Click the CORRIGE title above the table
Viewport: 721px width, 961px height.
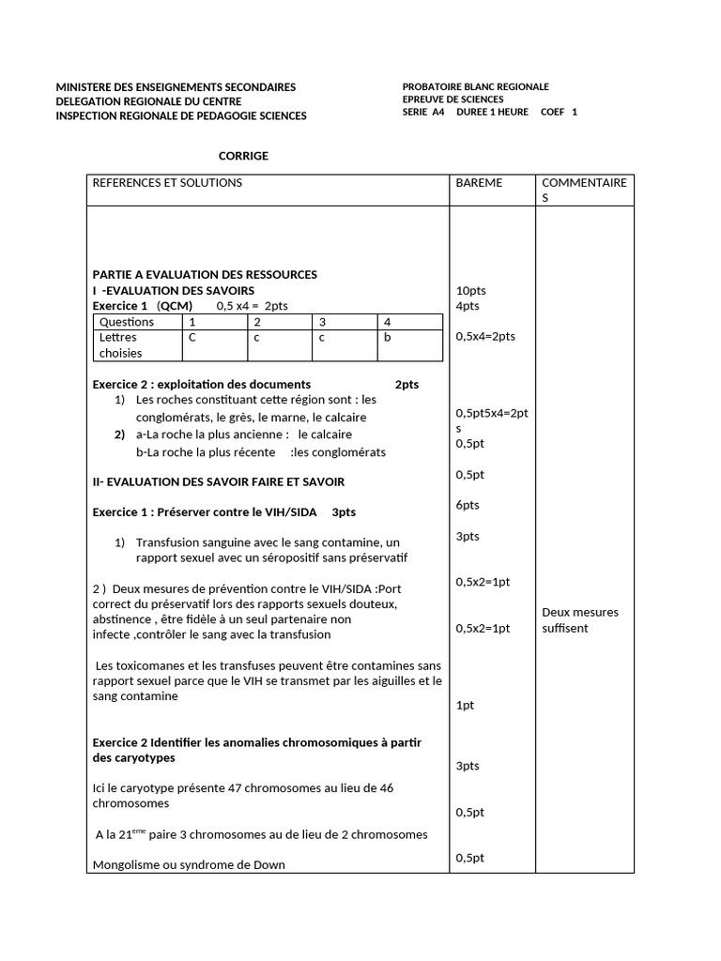[243, 156]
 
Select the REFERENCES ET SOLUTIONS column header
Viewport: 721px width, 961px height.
[167, 183]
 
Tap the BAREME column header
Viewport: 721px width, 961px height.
[479, 183]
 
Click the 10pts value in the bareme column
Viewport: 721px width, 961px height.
[470, 291]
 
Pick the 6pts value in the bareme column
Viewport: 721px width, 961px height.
[468, 505]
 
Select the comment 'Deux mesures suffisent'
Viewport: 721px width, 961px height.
[580, 620]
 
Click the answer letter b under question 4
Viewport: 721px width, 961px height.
[388, 338]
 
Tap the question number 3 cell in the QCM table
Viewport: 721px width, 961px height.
[322, 322]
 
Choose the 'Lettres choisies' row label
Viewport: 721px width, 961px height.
[118, 345]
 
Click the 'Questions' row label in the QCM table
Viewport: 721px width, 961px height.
[127, 322]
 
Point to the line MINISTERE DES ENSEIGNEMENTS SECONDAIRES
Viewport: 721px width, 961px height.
[176, 87]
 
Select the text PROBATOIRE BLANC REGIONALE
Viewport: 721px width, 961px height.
[475, 86]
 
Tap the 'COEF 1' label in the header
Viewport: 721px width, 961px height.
[560, 113]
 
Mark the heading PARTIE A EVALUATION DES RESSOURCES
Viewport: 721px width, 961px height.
[205, 274]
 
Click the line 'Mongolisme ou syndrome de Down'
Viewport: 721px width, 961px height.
[189, 865]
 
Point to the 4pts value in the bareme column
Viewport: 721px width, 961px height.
[468, 306]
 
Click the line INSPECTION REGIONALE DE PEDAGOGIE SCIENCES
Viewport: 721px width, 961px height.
[181, 115]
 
